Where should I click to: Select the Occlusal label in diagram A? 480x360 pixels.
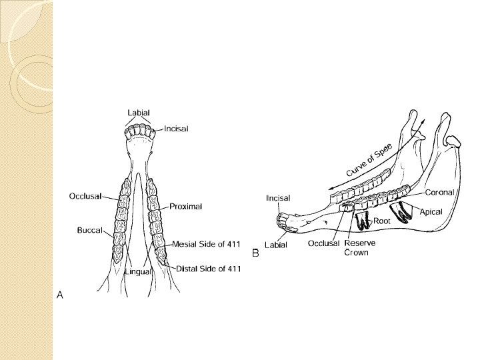coord(85,196)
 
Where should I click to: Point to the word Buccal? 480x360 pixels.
coord(89,230)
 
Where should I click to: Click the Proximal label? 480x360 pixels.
coord(186,206)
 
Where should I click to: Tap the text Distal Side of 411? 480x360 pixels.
coord(209,269)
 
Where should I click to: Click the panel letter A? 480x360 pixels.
coord(60,294)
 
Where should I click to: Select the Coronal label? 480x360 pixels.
coord(440,192)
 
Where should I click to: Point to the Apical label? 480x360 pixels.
coord(431,211)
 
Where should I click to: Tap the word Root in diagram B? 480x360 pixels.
coord(382,221)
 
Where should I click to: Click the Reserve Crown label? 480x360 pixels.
coord(360,247)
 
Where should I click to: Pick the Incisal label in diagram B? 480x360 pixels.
coord(278,198)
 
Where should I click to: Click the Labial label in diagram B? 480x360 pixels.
coord(276,245)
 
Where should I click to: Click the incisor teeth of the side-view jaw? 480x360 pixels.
coord(285,220)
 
